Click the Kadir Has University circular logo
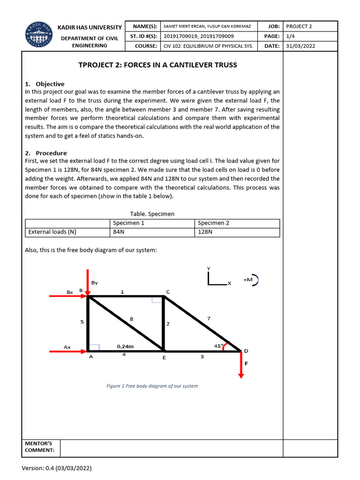pyautogui.click(x=39, y=36)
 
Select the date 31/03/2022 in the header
pyautogui.click(x=300, y=46)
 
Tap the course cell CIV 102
pyautogui.click(x=208, y=46)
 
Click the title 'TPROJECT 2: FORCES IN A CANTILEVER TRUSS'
pyautogui.click(x=157, y=65)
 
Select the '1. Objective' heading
pyautogui.click(x=45, y=84)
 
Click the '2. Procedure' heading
pyautogui.click(x=45, y=153)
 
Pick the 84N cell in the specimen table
pyautogui.click(x=119, y=232)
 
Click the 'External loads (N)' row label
pyautogui.click(x=52, y=232)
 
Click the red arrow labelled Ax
pyautogui.click(x=68, y=351)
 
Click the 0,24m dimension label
pyautogui.click(x=125, y=346)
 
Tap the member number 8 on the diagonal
pyautogui.click(x=131, y=319)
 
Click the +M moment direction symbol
pyautogui.click(x=251, y=280)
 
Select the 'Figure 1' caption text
pyautogui.click(x=152, y=386)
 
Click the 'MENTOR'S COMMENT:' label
pyautogui.click(x=39, y=447)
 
